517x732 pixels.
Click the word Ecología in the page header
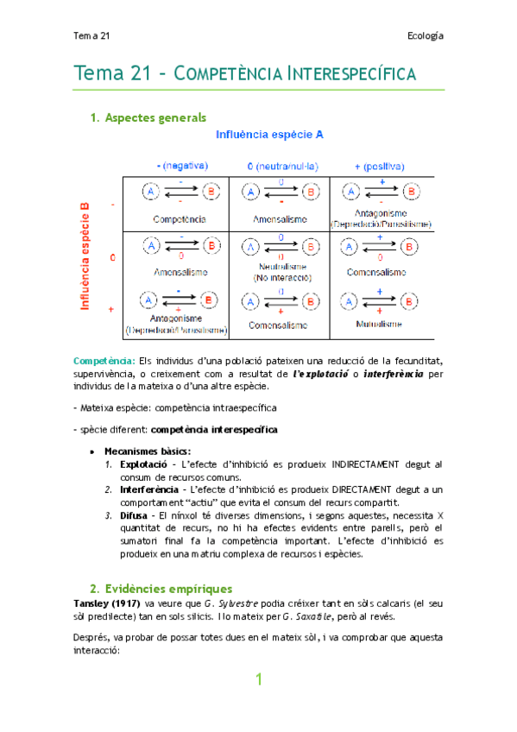tap(425, 35)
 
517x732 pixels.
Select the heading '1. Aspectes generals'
tap(148, 117)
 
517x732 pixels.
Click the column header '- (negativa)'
tap(180, 165)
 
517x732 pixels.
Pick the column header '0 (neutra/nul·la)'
tap(281, 165)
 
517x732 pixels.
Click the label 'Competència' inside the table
tap(180, 219)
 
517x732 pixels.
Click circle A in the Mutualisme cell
tap(347, 302)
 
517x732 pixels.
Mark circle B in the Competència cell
tap(209, 192)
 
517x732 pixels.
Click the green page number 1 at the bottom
tap(257, 680)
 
